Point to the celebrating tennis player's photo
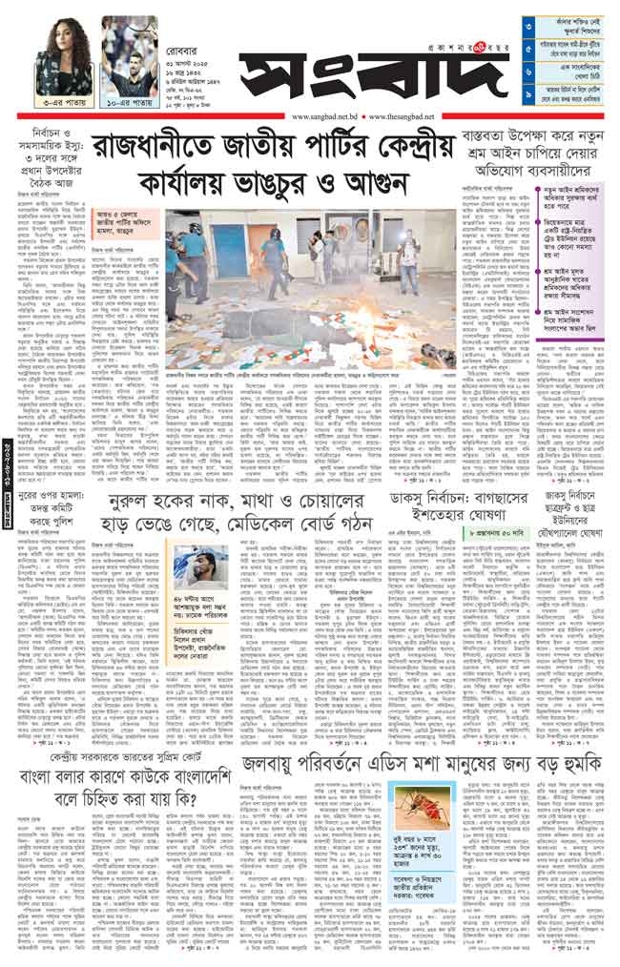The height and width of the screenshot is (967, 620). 129,53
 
